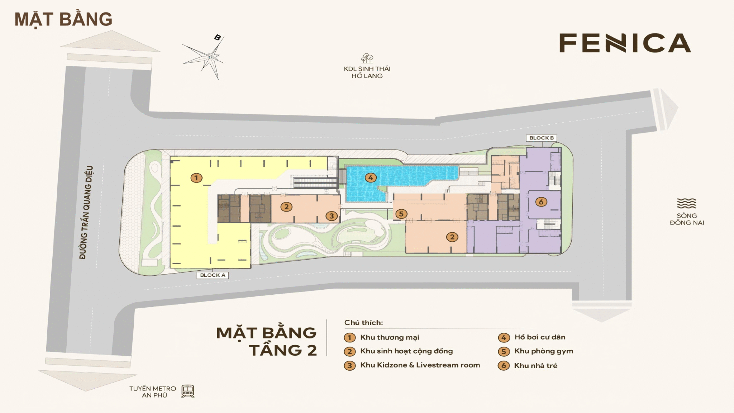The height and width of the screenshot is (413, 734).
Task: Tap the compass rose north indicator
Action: [217, 38]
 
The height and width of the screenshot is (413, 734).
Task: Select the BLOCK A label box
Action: [213, 275]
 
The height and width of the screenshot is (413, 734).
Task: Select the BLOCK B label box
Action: [541, 138]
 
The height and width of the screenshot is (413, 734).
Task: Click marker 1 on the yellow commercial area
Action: [196, 178]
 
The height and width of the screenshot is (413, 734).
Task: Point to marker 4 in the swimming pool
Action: [371, 177]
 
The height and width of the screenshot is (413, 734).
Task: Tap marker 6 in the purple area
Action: [541, 202]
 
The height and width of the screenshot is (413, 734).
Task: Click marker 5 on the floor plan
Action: [401, 214]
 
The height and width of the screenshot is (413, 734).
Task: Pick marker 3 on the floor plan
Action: [332, 216]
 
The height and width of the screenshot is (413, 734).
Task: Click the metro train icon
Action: [187, 391]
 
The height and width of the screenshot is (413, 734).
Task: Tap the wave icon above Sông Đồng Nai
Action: [687, 204]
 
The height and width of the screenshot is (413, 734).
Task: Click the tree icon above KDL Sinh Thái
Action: [367, 58]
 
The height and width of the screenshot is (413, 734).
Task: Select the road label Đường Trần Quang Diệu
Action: [86, 212]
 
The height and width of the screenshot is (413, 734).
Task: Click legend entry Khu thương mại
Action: [390, 337]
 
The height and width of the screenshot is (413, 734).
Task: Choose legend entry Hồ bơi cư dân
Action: [540, 337]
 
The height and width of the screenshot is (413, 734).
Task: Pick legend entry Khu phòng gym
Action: [544, 351]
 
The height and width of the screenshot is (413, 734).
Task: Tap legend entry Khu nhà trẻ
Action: [536, 366]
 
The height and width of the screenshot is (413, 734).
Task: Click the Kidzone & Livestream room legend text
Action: [420, 365]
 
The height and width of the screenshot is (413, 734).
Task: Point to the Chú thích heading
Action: [363, 323]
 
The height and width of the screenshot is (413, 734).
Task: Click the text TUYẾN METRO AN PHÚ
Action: [153, 392]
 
